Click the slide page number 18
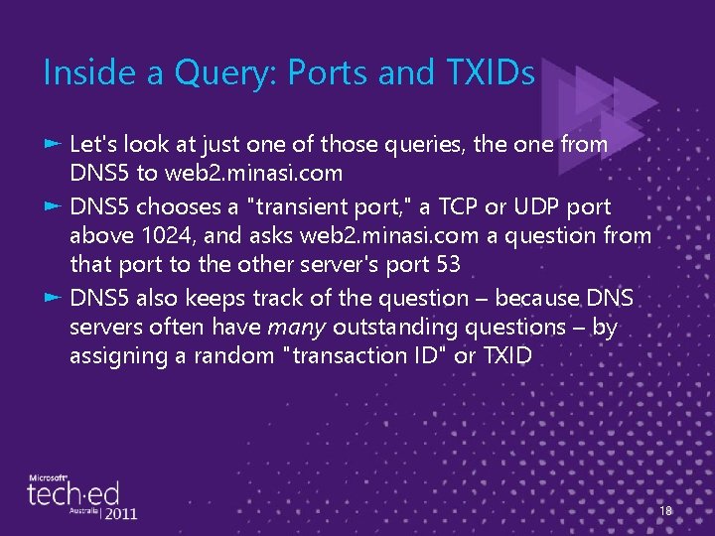(665, 511)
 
